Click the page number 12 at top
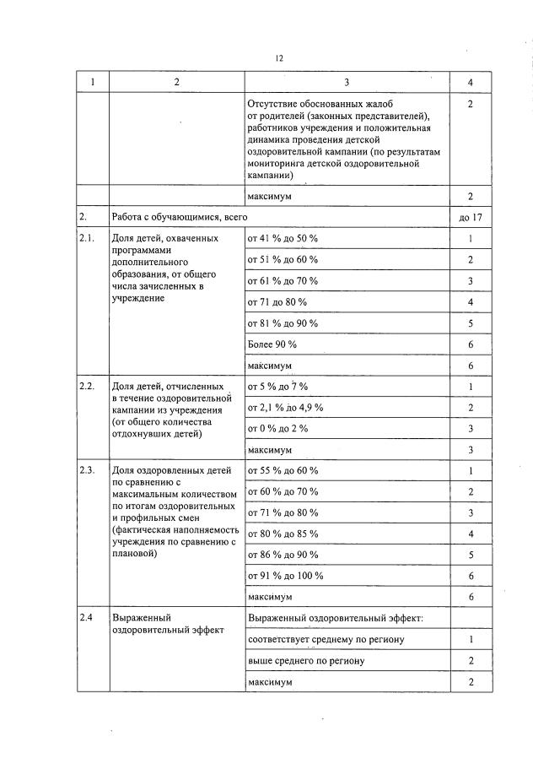(278, 58)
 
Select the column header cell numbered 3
(347, 82)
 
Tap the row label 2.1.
(86, 238)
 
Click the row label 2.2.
(86, 386)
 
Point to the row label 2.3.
(86, 470)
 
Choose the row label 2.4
(85, 618)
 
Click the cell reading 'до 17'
(471, 217)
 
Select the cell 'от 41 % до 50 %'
(283, 238)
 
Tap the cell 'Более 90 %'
(272, 344)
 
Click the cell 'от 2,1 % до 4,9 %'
(285, 407)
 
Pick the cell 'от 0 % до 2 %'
(277, 428)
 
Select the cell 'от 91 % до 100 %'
(285, 575)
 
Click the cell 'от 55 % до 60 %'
(283, 470)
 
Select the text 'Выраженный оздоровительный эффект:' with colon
(335, 618)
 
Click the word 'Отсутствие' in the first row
(273, 103)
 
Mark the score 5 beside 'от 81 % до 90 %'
(471, 323)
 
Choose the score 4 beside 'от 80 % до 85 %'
(471, 534)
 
